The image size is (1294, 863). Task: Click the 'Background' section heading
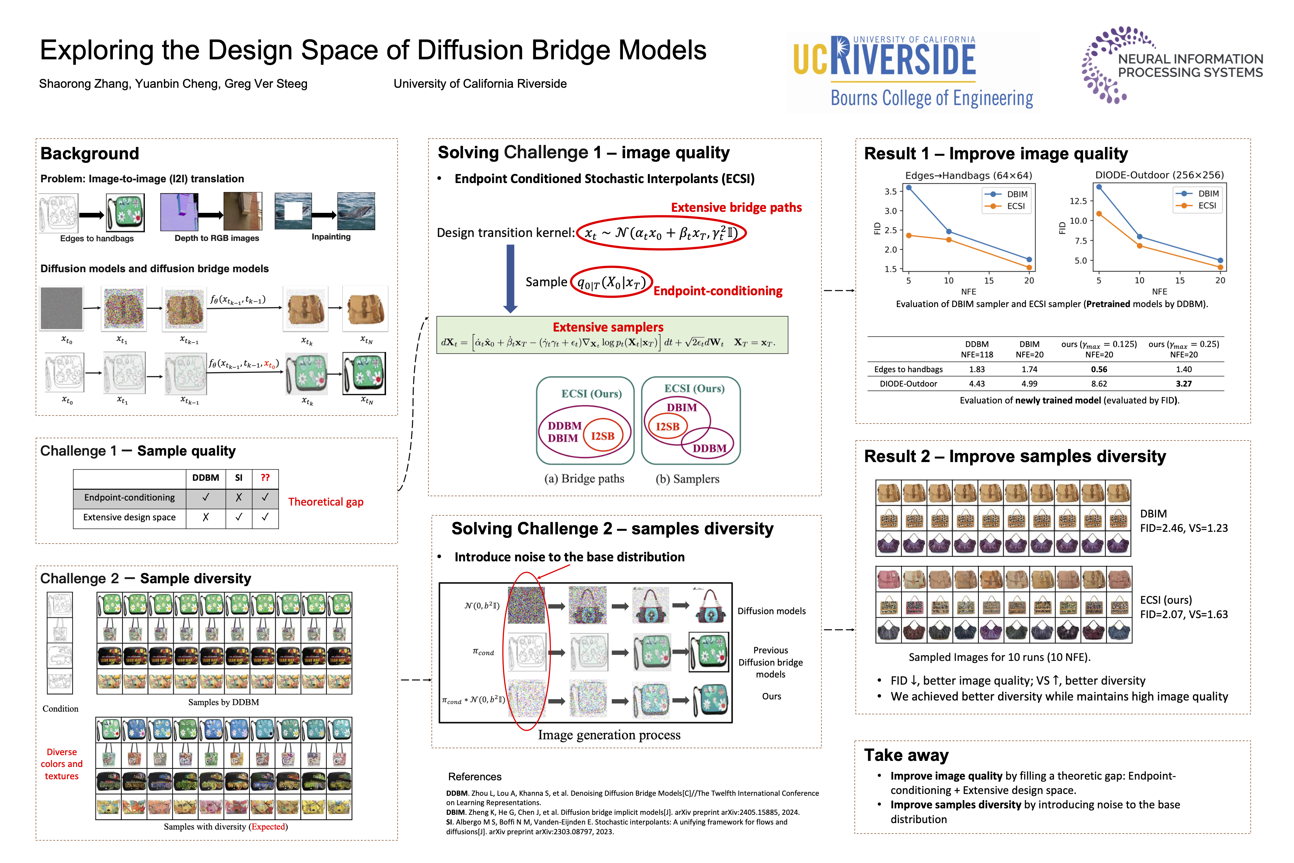(x=90, y=154)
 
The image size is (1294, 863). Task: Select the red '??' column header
(x=265, y=478)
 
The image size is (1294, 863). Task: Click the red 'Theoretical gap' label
(x=326, y=502)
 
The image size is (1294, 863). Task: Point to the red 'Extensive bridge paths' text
(x=735, y=207)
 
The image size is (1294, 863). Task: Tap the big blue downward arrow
(x=510, y=278)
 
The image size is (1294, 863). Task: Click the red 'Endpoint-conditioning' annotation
(x=717, y=291)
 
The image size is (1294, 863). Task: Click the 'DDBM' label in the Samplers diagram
(x=709, y=448)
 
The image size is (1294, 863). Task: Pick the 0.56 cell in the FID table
(x=1099, y=369)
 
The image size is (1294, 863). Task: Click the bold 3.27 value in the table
(x=1183, y=384)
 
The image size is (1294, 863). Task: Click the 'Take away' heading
(x=906, y=755)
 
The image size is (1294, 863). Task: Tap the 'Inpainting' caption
(x=331, y=237)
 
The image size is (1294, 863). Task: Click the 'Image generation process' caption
(x=609, y=735)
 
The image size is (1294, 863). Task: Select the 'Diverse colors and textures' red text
(x=61, y=764)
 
